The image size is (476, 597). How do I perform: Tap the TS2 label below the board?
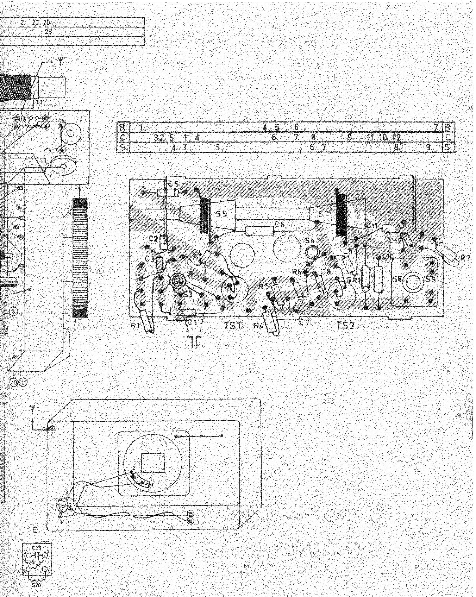(346, 325)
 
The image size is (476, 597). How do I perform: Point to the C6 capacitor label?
(280, 225)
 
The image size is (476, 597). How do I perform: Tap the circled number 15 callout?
(191, 513)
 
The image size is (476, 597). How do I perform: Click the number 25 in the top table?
(49, 32)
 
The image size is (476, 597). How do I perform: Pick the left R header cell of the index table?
(122, 127)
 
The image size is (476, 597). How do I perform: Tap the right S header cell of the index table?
(448, 147)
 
